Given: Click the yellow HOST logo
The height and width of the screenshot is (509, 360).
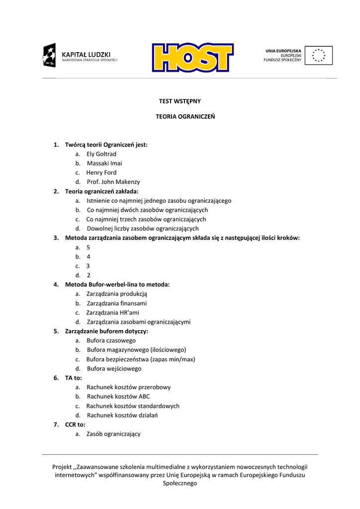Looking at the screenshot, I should coord(192,57).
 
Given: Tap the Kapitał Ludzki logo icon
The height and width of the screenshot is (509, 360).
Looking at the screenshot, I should coord(49,55).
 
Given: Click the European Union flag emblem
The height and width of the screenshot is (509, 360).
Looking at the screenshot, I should coord(319,55).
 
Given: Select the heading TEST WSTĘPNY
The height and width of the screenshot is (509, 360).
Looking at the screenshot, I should coord(180,101).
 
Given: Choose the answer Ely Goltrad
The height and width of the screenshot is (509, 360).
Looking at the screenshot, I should coord(101,154).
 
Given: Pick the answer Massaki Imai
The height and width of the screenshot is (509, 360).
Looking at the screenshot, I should coord(104,164).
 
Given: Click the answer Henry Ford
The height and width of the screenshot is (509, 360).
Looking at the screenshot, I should coord(101,172).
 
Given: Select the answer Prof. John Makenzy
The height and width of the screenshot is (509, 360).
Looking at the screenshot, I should coord(113,182).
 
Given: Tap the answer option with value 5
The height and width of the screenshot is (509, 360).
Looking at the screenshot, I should coord(88,248).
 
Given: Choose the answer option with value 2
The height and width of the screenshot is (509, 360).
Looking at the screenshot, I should coord(88,275).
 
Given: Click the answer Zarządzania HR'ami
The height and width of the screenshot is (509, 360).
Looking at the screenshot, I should coord(113,313).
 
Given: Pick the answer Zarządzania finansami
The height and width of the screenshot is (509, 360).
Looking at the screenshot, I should coord(117,303).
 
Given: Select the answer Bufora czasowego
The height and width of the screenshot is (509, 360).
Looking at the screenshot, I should coord(111,340).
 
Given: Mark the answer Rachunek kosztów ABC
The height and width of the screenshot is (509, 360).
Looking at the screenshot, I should coord(118,397).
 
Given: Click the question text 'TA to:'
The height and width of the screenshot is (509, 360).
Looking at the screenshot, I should coord(74,378).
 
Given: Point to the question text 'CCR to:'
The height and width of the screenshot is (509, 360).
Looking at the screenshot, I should coord(75,424).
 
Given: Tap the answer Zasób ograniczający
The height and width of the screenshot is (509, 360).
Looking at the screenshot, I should coord(113,434).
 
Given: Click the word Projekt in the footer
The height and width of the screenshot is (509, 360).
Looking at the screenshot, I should coord(62,467).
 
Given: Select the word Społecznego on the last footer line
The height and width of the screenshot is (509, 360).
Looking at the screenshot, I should coord(180,484).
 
